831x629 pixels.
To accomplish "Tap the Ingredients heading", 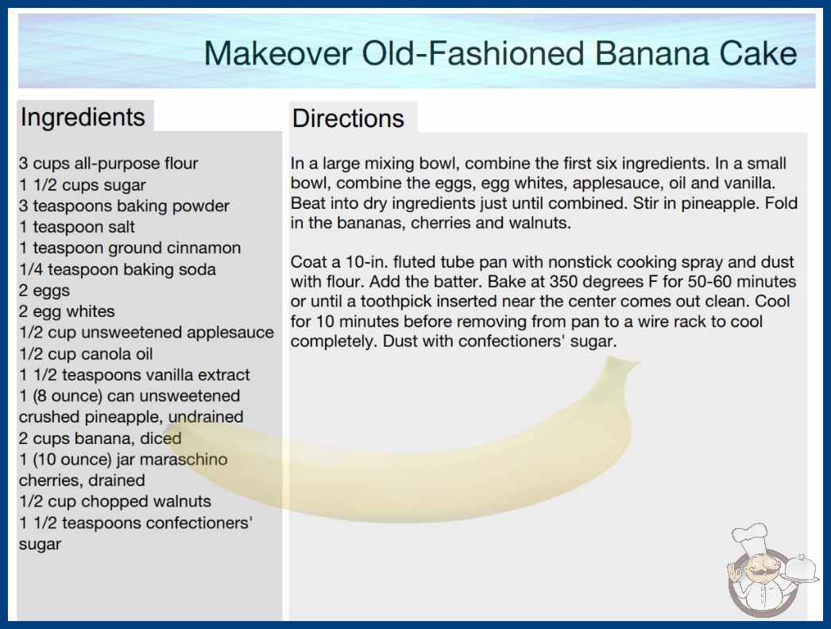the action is [83, 117].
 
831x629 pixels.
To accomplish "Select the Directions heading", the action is [348, 118].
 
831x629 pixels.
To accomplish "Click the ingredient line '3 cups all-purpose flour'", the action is [108, 164].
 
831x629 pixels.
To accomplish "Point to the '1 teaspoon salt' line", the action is [77, 227].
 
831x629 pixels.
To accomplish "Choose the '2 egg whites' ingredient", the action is [67, 311].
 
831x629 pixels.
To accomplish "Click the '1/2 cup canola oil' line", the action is [86, 353].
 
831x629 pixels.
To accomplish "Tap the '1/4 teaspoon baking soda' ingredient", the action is [117, 269].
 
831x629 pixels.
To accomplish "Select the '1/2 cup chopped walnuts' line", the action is [115, 501].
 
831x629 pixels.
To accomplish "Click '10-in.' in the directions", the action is [367, 262].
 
